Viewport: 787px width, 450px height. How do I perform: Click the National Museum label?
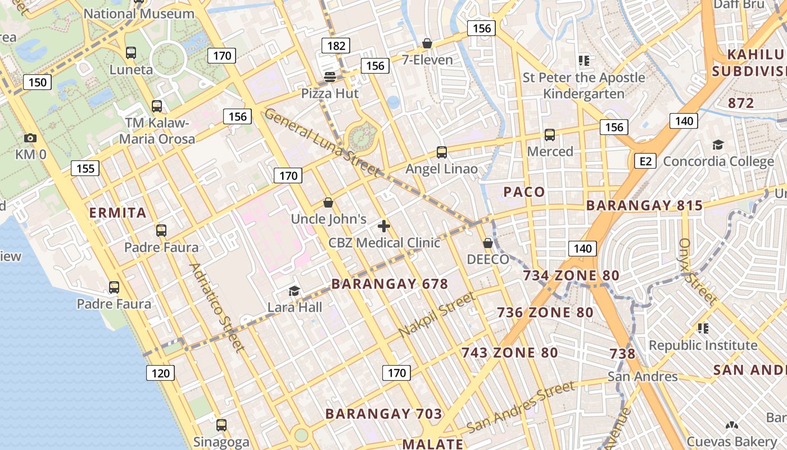point(139,13)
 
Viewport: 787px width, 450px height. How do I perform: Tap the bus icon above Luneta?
point(131,53)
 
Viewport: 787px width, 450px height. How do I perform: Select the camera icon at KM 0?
point(30,138)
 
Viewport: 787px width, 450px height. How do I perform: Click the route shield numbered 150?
point(38,82)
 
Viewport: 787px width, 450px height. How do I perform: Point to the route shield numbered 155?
point(85,168)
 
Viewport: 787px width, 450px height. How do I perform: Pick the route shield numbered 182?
point(336,46)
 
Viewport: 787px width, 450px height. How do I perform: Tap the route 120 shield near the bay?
point(161,373)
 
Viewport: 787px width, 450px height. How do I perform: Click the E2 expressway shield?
point(645,161)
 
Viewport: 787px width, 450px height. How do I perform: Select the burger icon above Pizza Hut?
point(329,76)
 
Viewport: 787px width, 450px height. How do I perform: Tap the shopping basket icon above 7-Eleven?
point(427,43)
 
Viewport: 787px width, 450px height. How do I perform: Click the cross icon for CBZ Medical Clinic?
point(384,226)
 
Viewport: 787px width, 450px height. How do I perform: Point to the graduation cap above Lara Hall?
point(294,291)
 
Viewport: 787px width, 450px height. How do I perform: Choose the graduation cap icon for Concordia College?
point(718,145)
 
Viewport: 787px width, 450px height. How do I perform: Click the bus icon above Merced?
point(550,135)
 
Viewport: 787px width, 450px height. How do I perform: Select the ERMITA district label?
point(118,213)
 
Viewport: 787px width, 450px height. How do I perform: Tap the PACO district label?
point(524,192)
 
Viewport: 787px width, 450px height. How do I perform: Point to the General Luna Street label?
point(322,142)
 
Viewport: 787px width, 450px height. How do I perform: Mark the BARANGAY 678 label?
point(390,284)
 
